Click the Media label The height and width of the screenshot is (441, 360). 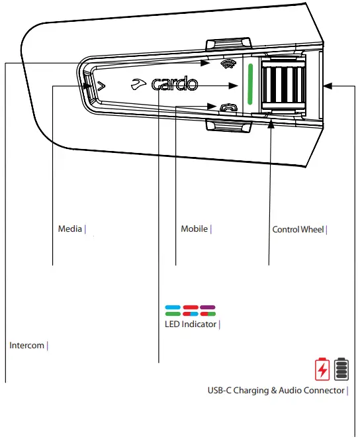[x=70, y=228]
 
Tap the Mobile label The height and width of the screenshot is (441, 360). [x=194, y=228]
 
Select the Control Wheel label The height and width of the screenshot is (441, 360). [x=298, y=230]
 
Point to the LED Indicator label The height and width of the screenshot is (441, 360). [x=191, y=324]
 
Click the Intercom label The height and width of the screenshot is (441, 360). [x=26, y=345]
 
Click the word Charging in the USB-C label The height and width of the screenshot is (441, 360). [x=251, y=391]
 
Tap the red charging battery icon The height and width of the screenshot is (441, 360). [x=322, y=369]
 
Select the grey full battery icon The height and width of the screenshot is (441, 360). [x=341, y=369]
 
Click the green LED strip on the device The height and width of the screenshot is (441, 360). [x=250, y=84]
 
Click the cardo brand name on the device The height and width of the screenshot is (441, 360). [x=175, y=84]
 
